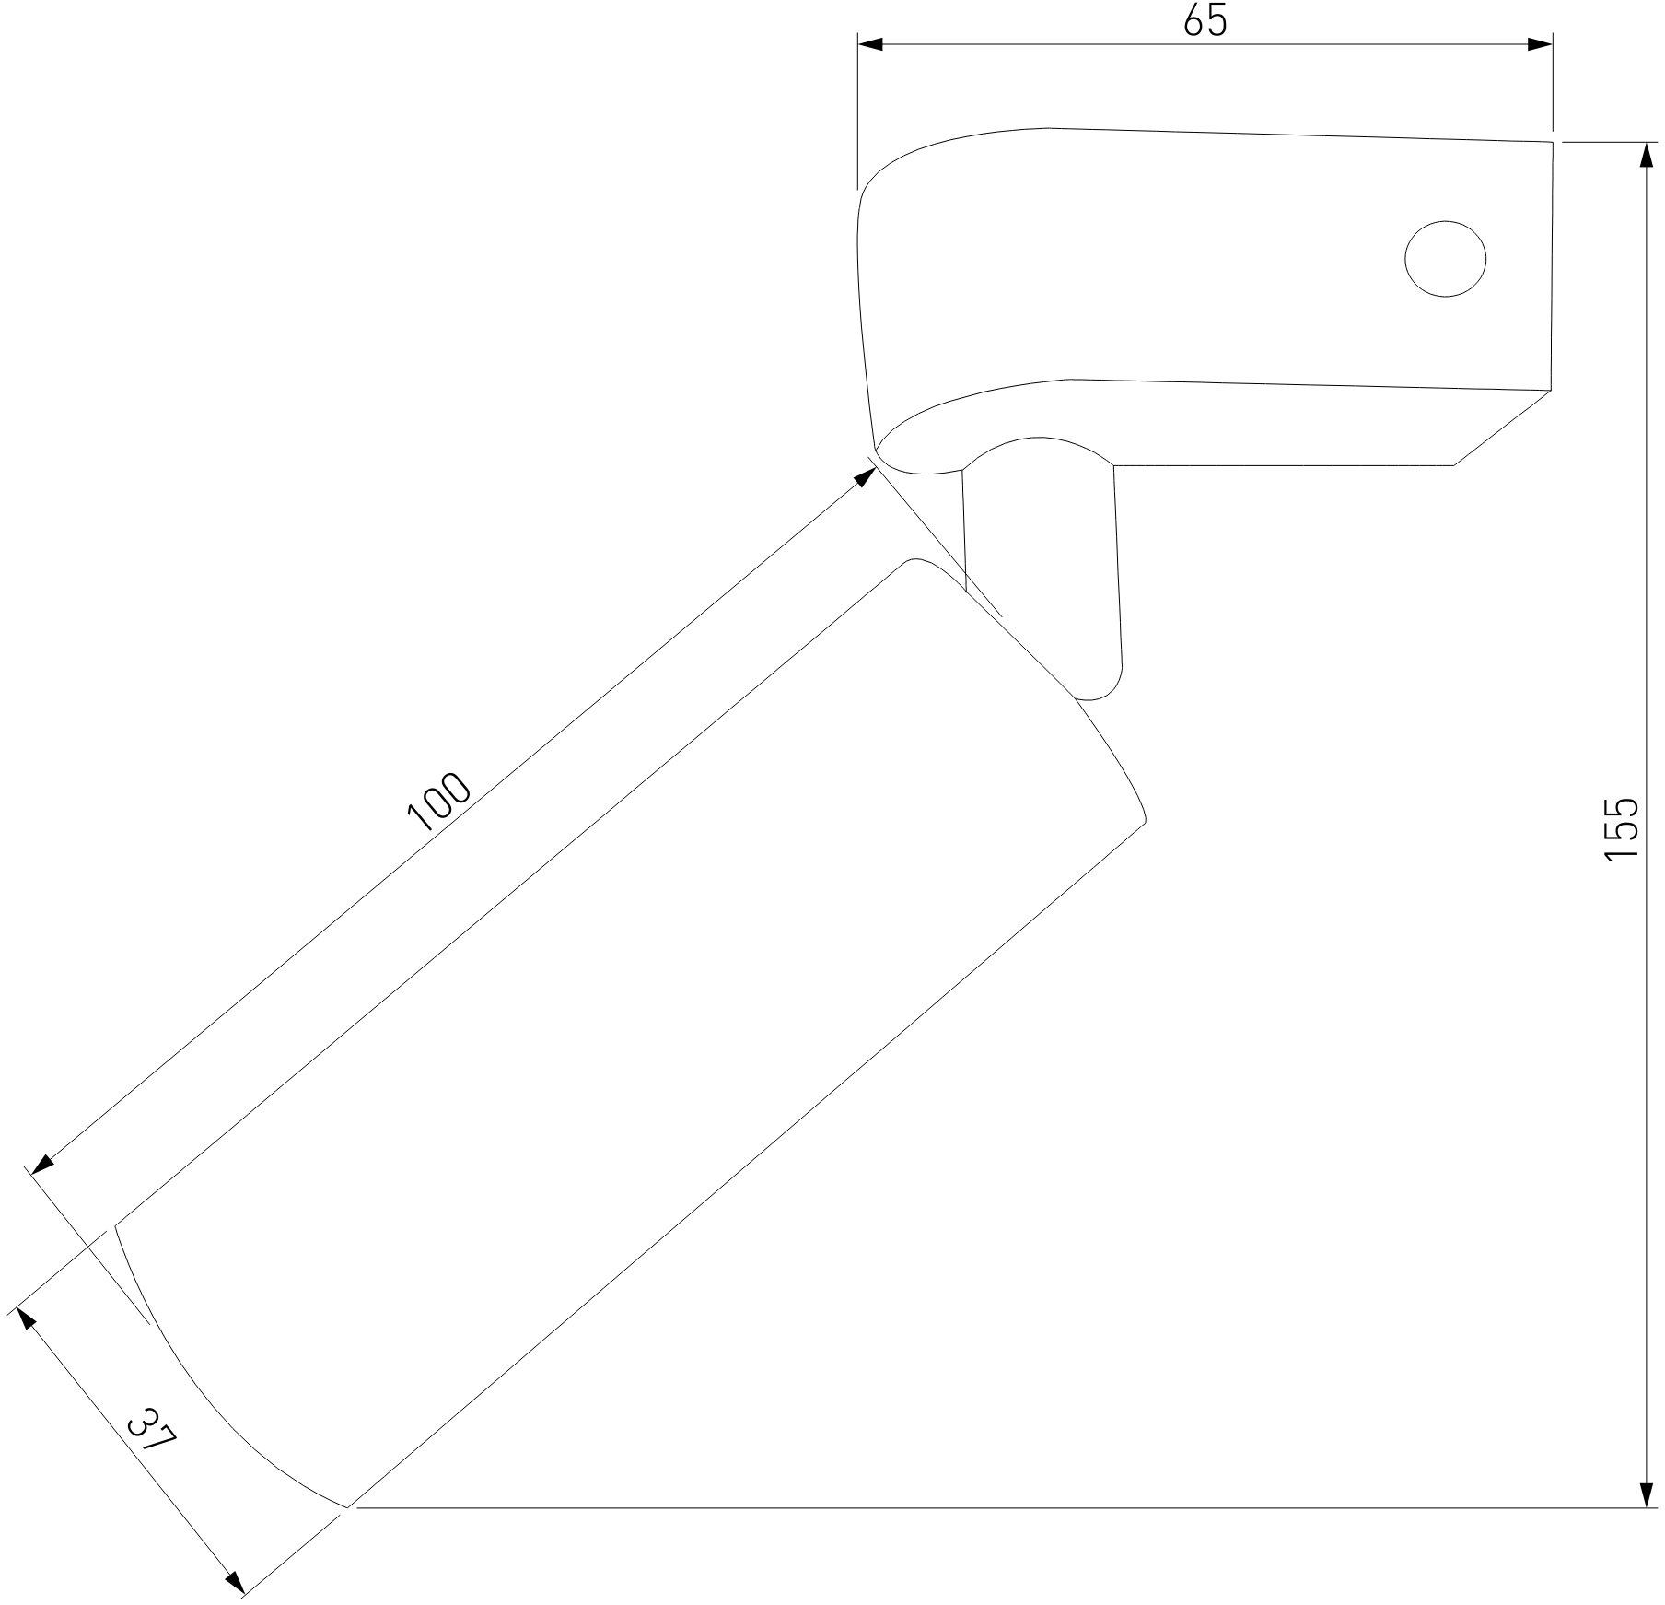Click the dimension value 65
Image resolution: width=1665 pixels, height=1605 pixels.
click(1205, 19)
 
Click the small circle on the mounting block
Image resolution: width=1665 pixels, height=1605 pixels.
click(1446, 259)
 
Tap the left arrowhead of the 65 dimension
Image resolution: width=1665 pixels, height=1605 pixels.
click(870, 44)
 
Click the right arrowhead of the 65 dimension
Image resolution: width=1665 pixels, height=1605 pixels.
click(1540, 44)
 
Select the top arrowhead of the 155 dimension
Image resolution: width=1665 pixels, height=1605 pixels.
click(1647, 156)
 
